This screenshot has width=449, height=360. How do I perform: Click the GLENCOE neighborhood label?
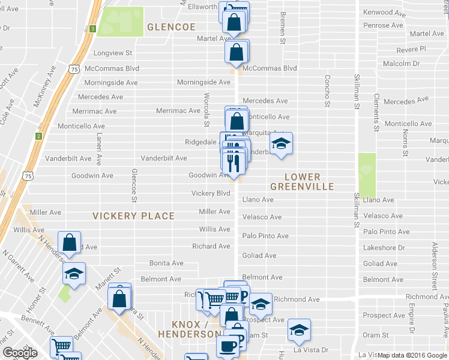coord(172,28)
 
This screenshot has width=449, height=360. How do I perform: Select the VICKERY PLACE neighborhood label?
coord(133,216)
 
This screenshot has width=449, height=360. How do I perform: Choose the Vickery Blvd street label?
coord(211,194)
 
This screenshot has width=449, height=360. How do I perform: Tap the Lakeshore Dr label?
coord(384,247)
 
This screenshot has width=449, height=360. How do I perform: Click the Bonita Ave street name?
coord(166,263)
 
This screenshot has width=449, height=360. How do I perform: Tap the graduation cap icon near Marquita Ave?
coord(280,143)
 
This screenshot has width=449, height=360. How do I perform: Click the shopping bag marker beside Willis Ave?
coord(70,242)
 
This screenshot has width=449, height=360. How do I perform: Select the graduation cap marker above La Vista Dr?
coord(298,329)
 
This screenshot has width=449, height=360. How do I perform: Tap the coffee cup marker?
coord(228,346)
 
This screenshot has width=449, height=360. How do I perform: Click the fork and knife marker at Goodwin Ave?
coord(233,161)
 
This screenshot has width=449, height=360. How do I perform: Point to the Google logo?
coord(20,353)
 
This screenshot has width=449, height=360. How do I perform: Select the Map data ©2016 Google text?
coord(412,355)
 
